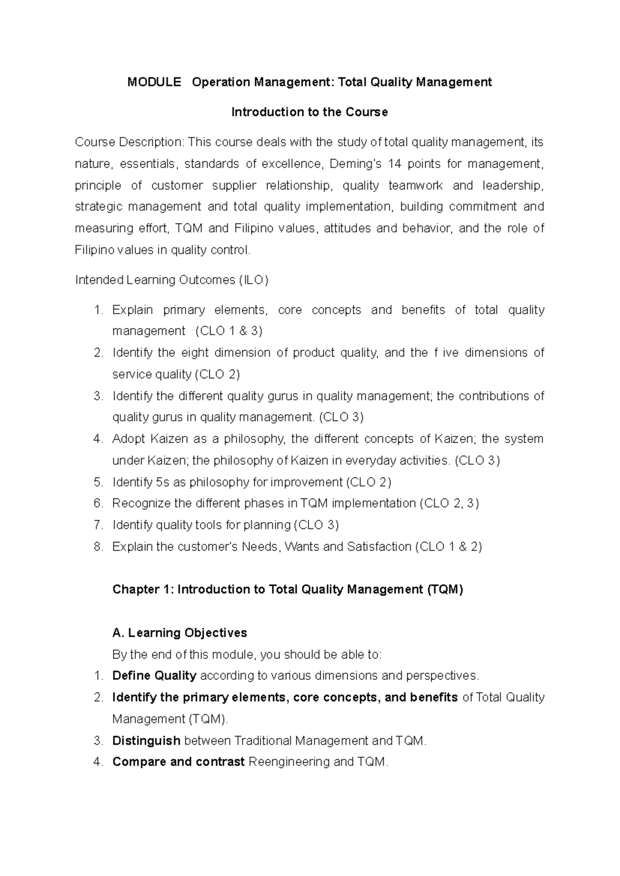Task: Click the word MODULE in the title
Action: (154, 82)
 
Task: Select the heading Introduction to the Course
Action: (309, 112)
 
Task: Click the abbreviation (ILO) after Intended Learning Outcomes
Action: (254, 280)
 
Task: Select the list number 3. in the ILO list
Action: (99, 396)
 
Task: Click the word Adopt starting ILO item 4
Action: (128, 439)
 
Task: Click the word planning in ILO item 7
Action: (267, 525)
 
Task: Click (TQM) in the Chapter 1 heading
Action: (445, 590)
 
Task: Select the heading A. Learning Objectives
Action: (179, 633)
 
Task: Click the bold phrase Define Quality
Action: (154, 676)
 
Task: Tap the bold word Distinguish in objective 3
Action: (146, 741)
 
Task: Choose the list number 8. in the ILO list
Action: (99, 547)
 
